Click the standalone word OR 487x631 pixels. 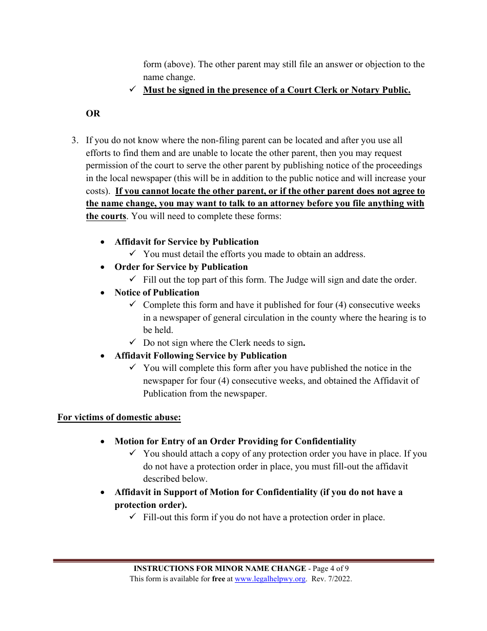tap(93, 113)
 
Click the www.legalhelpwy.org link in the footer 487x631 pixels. tap(270, 579)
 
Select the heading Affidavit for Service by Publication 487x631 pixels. tap(187, 242)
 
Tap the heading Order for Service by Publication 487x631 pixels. tap(181, 267)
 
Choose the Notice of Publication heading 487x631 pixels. tap(157, 292)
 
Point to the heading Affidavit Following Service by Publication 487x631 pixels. tap(200, 356)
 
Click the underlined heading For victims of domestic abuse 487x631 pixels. tap(119, 417)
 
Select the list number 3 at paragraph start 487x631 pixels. tap(75, 140)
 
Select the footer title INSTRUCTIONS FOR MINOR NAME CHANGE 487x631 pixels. tap(219, 568)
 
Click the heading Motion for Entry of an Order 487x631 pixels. tap(235, 441)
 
